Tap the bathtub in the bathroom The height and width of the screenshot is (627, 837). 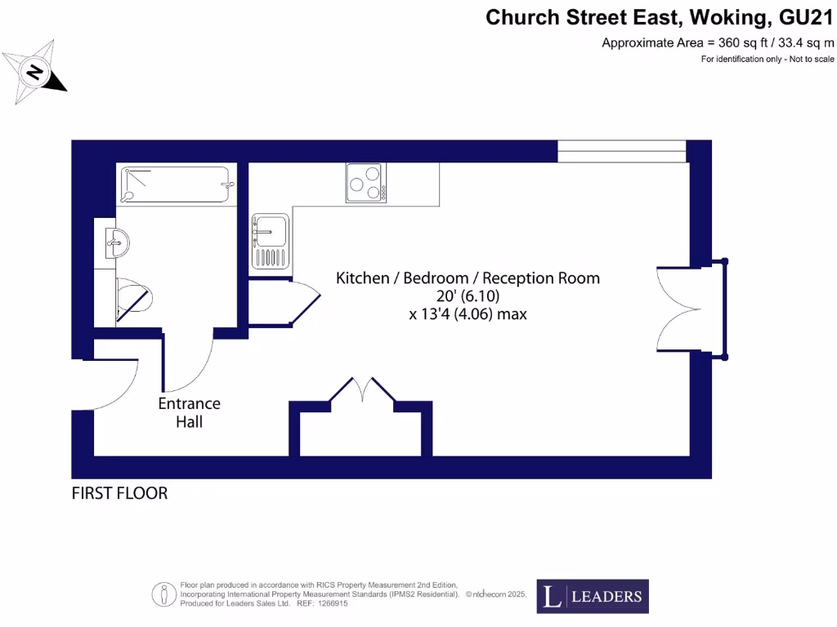pyautogui.click(x=176, y=184)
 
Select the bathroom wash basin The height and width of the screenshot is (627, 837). pyautogui.click(x=117, y=242)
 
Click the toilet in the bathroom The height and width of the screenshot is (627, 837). pyautogui.click(x=131, y=299)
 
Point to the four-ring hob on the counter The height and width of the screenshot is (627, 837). pyautogui.click(x=365, y=182)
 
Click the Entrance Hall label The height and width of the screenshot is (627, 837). pyautogui.click(x=189, y=412)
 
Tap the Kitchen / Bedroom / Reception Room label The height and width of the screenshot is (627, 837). pyautogui.click(x=468, y=278)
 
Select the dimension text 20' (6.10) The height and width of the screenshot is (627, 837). pyautogui.click(x=468, y=296)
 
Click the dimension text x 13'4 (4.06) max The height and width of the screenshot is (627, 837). pyautogui.click(x=468, y=313)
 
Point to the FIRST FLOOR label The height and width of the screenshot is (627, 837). pyautogui.click(x=119, y=493)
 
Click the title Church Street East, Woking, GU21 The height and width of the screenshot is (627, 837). pyautogui.click(x=660, y=17)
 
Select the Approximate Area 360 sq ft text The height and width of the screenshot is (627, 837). pyautogui.click(x=718, y=42)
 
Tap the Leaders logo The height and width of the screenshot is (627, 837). pyautogui.click(x=593, y=596)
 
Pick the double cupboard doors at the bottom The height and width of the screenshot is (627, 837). pyautogui.click(x=362, y=389)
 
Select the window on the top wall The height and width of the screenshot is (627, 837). pyautogui.click(x=621, y=151)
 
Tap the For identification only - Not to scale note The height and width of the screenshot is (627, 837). pyautogui.click(x=768, y=60)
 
